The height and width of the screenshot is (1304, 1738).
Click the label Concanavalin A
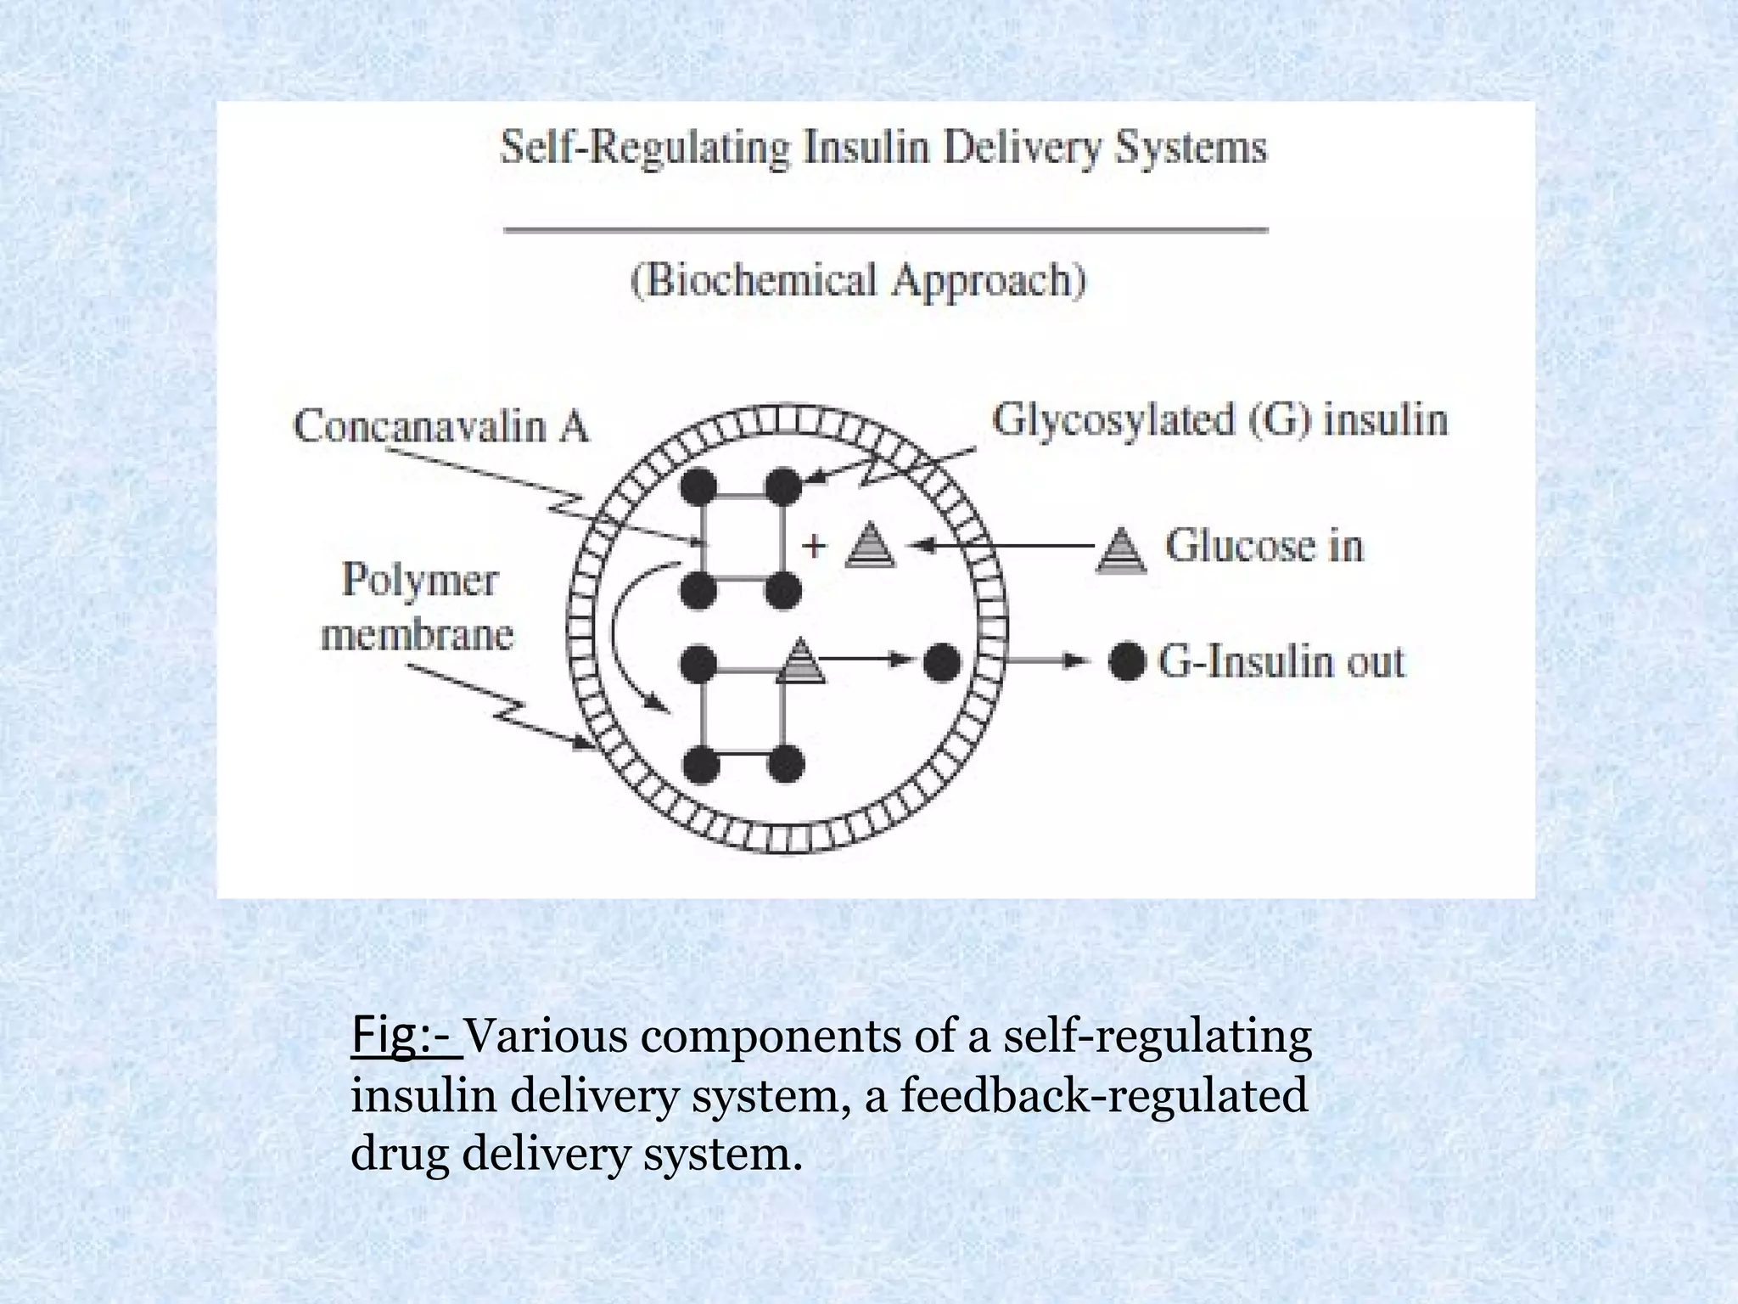[x=440, y=426]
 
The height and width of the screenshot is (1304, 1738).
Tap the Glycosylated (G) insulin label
[x=1219, y=420]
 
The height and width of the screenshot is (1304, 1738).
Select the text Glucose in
[x=1264, y=545]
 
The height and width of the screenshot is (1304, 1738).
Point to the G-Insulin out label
[x=1281, y=661]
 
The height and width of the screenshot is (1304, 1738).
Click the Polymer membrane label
[x=418, y=606]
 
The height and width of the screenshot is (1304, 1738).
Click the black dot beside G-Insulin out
[x=1127, y=661]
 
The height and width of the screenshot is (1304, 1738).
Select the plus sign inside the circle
[x=814, y=545]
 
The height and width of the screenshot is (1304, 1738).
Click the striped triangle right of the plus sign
[x=871, y=544]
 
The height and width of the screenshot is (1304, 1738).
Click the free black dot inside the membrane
[x=941, y=661]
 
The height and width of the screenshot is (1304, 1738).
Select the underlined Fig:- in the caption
[x=406, y=1036]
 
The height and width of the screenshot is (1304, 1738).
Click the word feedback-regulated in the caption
[x=1103, y=1095]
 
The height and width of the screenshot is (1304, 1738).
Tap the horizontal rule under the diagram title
[x=886, y=229]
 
